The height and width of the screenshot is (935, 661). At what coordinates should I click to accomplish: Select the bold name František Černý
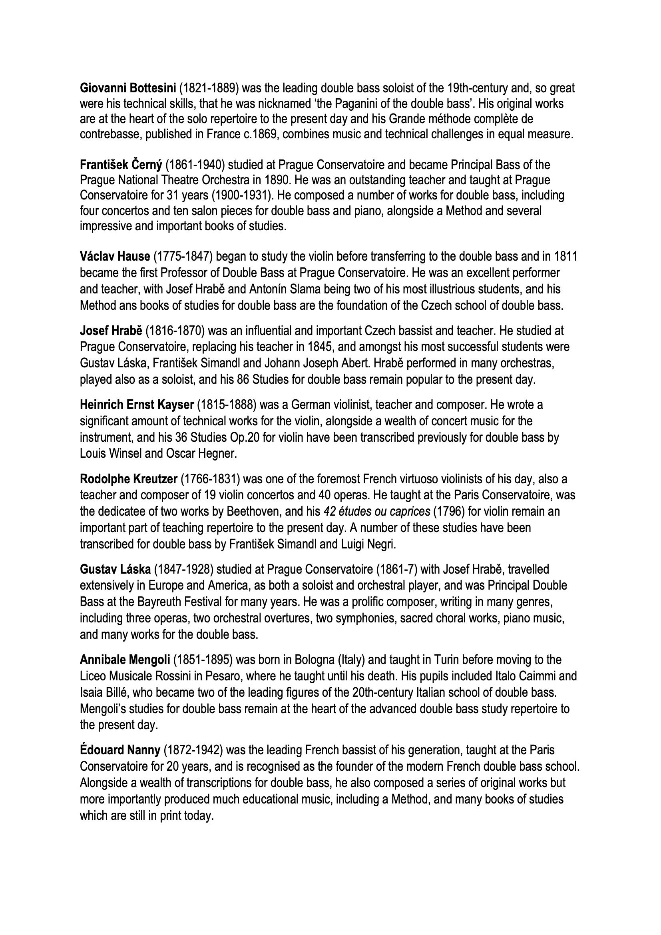pyautogui.click(x=121, y=165)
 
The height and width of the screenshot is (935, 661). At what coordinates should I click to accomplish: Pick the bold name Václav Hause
pyautogui.click(x=115, y=257)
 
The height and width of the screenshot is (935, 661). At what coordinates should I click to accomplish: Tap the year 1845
pyautogui.click(x=318, y=347)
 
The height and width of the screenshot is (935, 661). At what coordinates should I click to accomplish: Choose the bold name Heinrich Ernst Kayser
pyautogui.click(x=137, y=405)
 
